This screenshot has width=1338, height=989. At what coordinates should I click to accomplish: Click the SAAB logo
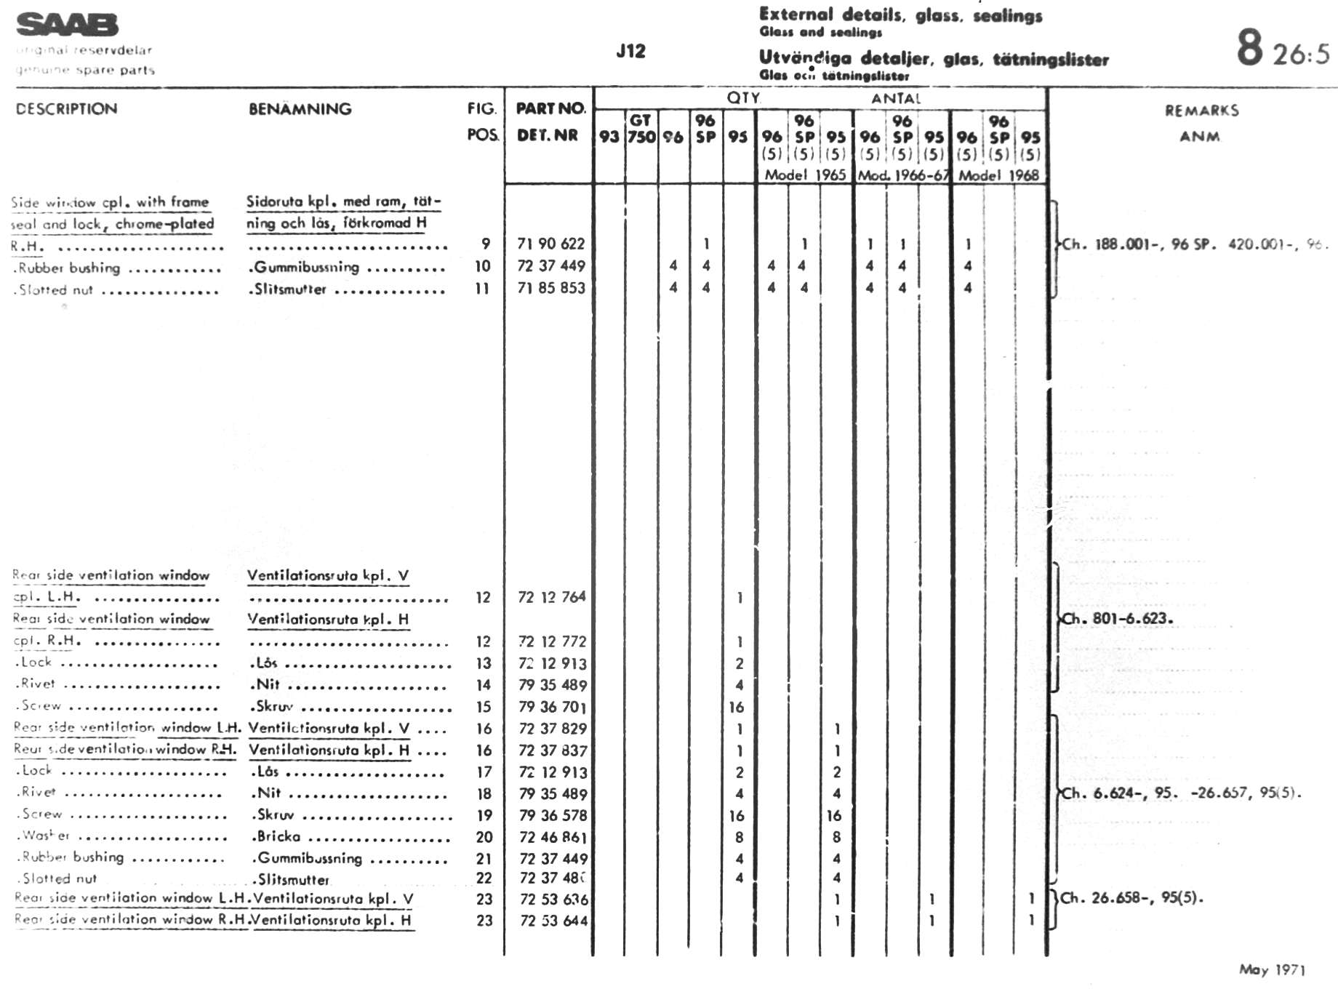pyautogui.click(x=67, y=25)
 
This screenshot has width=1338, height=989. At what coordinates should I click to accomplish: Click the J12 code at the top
pyautogui.click(x=630, y=51)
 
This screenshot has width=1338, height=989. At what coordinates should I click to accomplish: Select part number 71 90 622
pyautogui.click(x=550, y=244)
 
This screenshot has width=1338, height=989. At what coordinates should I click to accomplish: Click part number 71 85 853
pyautogui.click(x=550, y=288)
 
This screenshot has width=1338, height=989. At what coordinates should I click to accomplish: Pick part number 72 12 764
pyautogui.click(x=551, y=597)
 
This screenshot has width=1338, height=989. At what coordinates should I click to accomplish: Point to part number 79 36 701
pyautogui.click(x=553, y=706)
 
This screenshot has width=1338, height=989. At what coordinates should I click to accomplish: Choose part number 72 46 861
pyautogui.click(x=553, y=837)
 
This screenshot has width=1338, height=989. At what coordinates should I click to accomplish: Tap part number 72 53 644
pyautogui.click(x=553, y=920)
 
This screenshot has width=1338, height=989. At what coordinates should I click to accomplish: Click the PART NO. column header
pyautogui.click(x=550, y=108)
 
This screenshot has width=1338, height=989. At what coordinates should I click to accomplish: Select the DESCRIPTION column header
pyautogui.click(x=66, y=109)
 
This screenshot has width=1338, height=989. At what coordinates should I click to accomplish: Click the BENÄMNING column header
pyautogui.click(x=300, y=109)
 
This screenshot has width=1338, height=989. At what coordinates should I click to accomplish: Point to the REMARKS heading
pyautogui.click(x=1201, y=111)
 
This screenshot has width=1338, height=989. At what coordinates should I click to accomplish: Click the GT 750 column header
pyautogui.click(x=641, y=129)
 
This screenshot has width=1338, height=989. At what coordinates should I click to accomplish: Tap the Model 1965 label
pyautogui.click(x=804, y=175)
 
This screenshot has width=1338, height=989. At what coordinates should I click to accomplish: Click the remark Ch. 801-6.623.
pyautogui.click(x=1117, y=619)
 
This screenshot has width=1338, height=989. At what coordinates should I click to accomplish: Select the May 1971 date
pyautogui.click(x=1272, y=969)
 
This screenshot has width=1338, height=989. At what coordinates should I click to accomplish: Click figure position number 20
pyautogui.click(x=484, y=837)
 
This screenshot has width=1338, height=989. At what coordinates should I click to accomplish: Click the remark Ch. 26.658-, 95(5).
pyautogui.click(x=1131, y=897)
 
